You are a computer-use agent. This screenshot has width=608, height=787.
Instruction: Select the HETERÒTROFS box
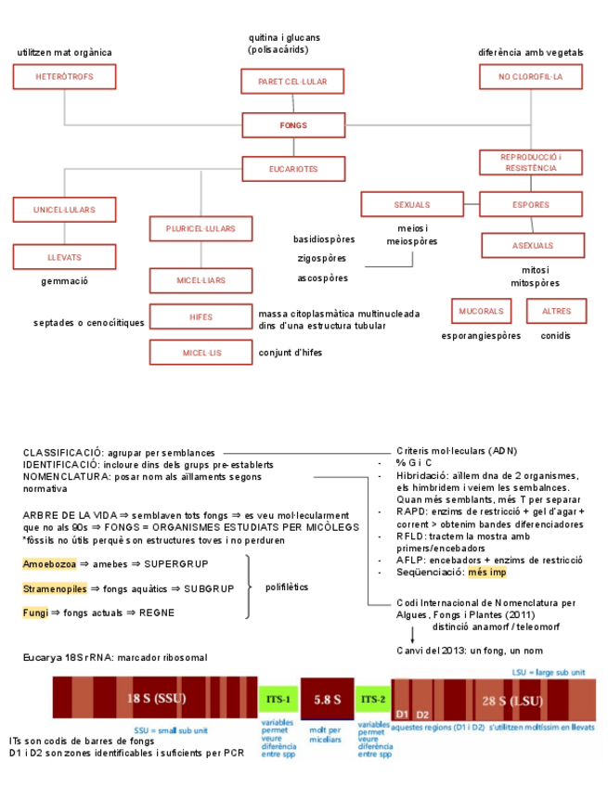click(64, 76)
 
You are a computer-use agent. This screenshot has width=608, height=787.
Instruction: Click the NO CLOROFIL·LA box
click(531, 76)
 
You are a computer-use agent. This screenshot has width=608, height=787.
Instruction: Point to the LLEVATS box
click(64, 257)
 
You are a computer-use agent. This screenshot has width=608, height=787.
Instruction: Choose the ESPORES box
click(531, 204)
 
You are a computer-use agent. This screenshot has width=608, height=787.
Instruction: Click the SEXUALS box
click(412, 204)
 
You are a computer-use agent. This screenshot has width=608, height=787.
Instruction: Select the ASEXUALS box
click(533, 246)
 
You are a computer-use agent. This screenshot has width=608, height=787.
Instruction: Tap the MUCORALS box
click(481, 311)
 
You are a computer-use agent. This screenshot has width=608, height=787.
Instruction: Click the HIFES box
click(201, 316)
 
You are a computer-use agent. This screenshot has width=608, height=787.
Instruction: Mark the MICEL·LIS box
click(201, 353)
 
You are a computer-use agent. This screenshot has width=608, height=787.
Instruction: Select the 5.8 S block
click(325, 698)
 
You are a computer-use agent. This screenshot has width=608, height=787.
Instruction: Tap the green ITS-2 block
click(373, 698)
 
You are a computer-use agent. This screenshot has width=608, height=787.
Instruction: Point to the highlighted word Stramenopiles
click(55, 588)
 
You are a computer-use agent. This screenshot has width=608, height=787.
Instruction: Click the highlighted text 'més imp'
click(487, 573)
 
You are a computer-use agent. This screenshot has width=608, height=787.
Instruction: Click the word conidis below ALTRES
click(556, 335)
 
